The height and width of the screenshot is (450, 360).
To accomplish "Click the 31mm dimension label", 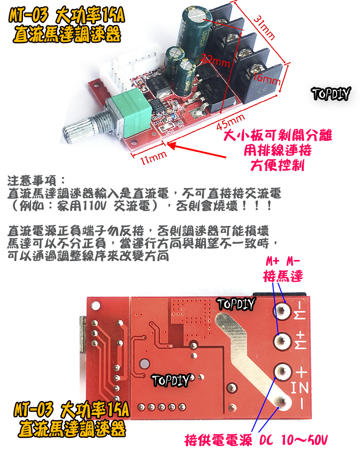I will pos(264,28).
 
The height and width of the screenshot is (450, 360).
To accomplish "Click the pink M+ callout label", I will pos(272,262).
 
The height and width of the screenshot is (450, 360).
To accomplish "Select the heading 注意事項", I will pos(37,182).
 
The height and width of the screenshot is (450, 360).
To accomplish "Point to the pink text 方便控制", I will pos(277,165).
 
